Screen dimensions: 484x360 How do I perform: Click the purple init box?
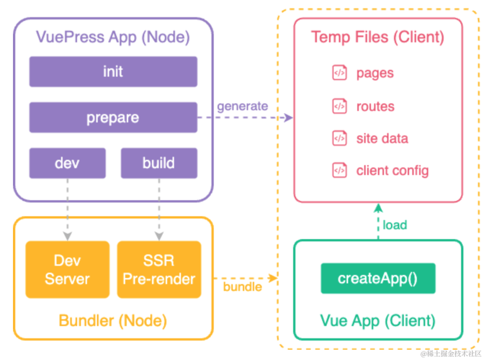point(113,72)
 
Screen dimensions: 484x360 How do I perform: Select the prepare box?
point(113,117)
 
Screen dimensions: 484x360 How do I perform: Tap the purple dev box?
point(68,163)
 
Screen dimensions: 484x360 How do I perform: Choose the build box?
point(159,163)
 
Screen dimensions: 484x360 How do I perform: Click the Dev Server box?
point(68,270)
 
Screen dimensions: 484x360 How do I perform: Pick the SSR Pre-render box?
point(159,270)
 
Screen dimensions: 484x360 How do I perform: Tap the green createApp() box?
point(378,278)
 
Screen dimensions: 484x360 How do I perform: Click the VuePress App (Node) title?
point(113,37)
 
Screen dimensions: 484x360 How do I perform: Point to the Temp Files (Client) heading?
point(378,37)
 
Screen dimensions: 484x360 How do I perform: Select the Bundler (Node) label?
point(113,321)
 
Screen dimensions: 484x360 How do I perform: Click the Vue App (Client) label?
point(378,321)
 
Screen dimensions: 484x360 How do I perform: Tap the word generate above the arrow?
point(242,107)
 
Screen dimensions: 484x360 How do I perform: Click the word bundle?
point(242,287)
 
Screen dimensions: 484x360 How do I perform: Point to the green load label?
point(395,225)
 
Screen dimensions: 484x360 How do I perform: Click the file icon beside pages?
point(340,73)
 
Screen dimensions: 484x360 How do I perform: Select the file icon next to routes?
point(340,106)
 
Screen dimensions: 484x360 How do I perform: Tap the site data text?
point(382,138)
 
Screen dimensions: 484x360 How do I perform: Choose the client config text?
point(393,171)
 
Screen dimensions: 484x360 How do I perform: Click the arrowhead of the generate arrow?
point(288,117)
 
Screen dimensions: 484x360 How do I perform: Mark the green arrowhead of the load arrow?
point(378,208)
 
